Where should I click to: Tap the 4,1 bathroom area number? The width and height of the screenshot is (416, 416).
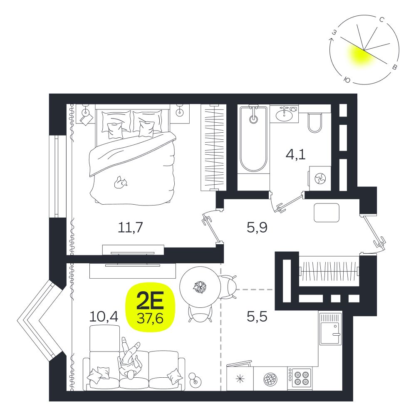pos(295,154)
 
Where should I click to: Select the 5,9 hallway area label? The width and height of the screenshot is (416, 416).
pos(257,228)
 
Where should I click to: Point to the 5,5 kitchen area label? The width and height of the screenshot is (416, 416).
pos(257,316)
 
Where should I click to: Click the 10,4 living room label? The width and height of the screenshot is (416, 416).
pos(104,316)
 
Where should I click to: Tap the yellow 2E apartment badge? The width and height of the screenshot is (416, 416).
pos(150,307)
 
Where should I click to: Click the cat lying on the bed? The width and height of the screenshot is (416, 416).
pos(121,183)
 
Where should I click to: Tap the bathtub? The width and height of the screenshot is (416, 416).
pos(253,139)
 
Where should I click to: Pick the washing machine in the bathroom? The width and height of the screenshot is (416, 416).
pos(320,178)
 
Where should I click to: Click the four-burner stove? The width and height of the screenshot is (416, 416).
pos(300,378)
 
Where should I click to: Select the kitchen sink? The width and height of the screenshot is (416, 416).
pos(330,329)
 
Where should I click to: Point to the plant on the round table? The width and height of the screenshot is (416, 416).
pos(200,287)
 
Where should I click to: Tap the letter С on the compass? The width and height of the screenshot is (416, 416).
pos(382,20)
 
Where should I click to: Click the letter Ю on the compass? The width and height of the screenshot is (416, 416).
pos(347,79)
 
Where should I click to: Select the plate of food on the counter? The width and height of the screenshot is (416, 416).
pos(270,379)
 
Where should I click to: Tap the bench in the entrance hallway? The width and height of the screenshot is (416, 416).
pos(327,213)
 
